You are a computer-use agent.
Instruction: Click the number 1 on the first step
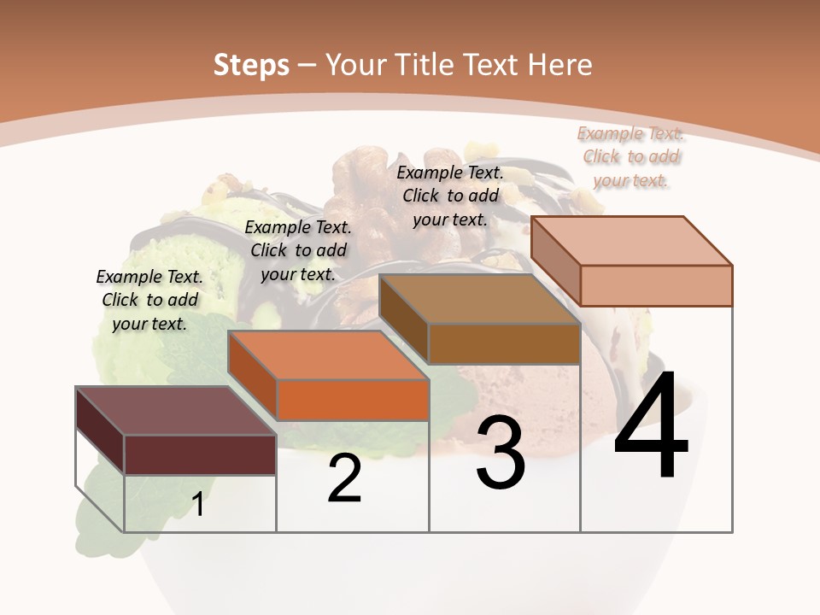pos(198,505)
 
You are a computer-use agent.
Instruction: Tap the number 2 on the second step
pos(344,478)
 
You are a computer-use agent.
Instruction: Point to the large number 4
pos(651,426)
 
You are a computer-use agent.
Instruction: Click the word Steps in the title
pos(251,65)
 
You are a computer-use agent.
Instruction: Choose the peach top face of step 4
pos(632,241)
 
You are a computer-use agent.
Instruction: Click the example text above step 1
pos(150,300)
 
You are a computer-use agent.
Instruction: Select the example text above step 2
pos(298,250)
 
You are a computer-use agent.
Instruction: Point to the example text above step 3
pos(450,196)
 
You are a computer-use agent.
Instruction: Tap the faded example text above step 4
pos(630,156)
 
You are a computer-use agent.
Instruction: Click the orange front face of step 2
pos(353,400)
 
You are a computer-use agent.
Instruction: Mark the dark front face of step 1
pos(200,454)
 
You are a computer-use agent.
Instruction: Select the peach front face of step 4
pos(656,285)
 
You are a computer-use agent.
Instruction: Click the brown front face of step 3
pos(504,343)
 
